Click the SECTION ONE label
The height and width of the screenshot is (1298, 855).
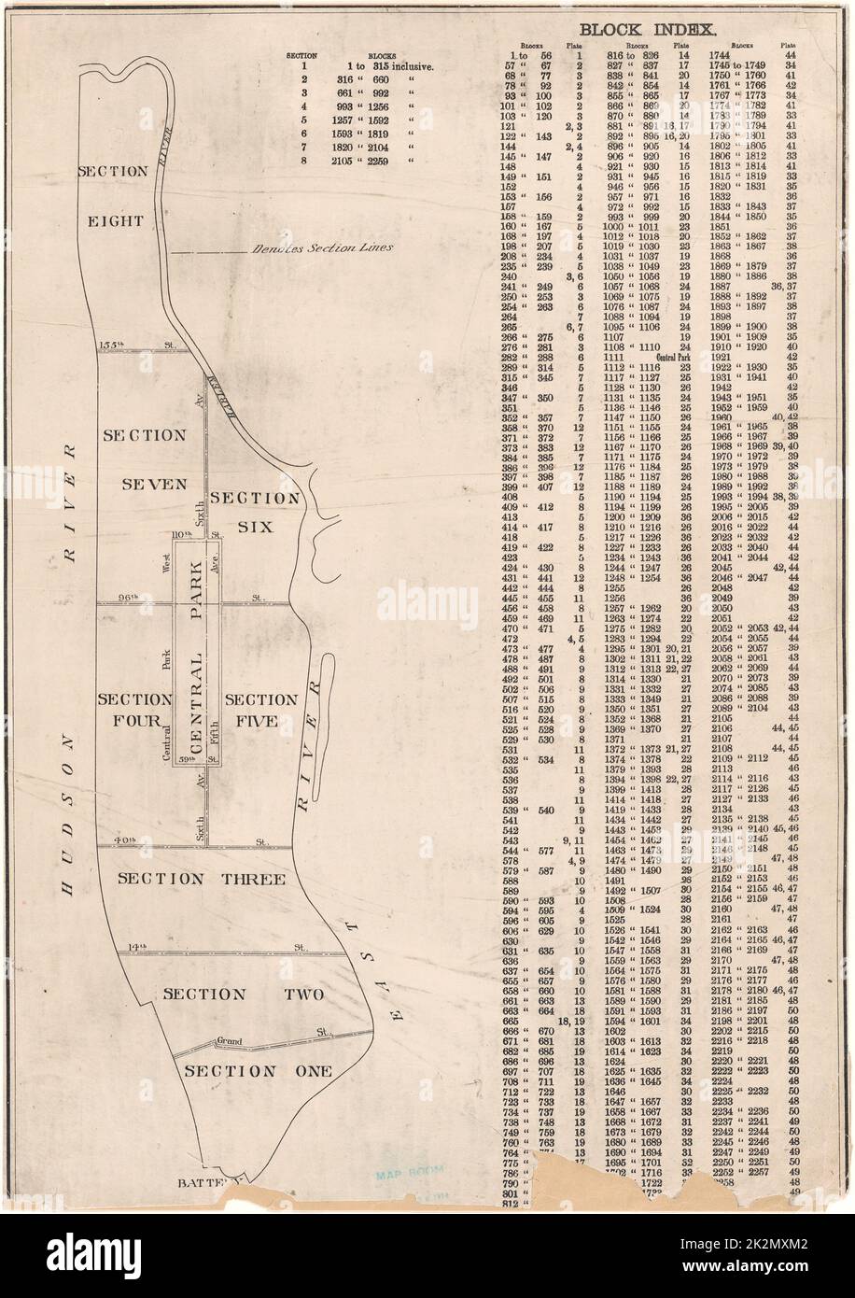tap(257, 1071)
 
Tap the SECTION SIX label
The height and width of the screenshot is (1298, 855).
tap(241, 512)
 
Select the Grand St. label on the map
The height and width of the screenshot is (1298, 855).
tap(230, 1039)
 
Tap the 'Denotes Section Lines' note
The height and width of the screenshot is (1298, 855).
tap(317, 248)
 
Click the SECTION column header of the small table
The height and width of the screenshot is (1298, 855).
tap(302, 56)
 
